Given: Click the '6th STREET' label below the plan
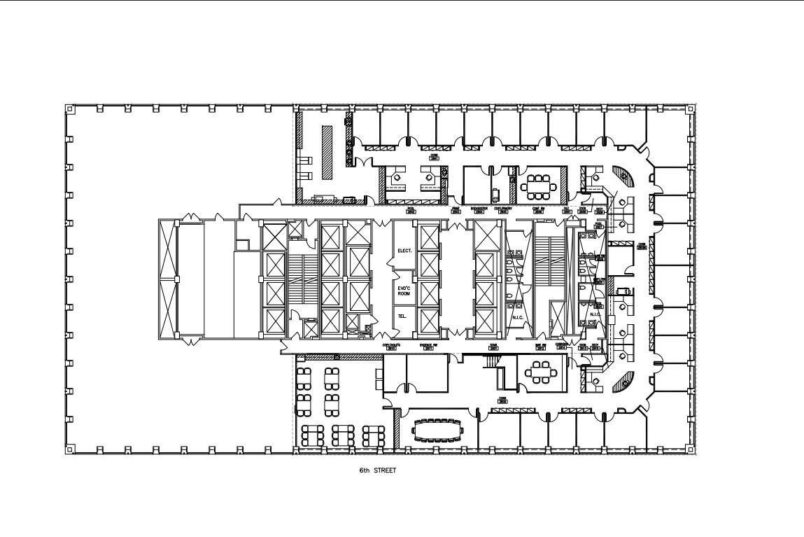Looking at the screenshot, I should pyautogui.click(x=378, y=470).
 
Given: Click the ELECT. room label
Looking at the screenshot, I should pyautogui.click(x=405, y=250).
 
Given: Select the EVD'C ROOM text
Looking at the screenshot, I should pyautogui.click(x=404, y=291).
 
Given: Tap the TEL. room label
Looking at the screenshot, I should pyautogui.click(x=402, y=316).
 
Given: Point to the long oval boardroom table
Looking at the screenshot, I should pyautogui.click(x=439, y=431).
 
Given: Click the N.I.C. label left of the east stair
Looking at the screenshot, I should pyautogui.click(x=519, y=318).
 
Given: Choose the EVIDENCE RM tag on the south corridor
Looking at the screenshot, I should pyautogui.click(x=428, y=346).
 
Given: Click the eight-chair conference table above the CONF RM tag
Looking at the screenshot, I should pyautogui.click(x=540, y=185).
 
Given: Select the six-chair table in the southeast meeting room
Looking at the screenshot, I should pyautogui.click(x=542, y=372).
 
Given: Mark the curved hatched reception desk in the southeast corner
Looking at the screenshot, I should pyautogui.click(x=625, y=382).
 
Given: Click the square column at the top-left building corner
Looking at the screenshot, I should pyautogui.click(x=69, y=109).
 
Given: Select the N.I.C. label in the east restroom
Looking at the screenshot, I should pyautogui.click(x=595, y=314).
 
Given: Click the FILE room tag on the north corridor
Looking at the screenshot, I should pyautogui.click(x=567, y=210).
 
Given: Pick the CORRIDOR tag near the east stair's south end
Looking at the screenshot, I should pyautogui.click(x=561, y=346).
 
